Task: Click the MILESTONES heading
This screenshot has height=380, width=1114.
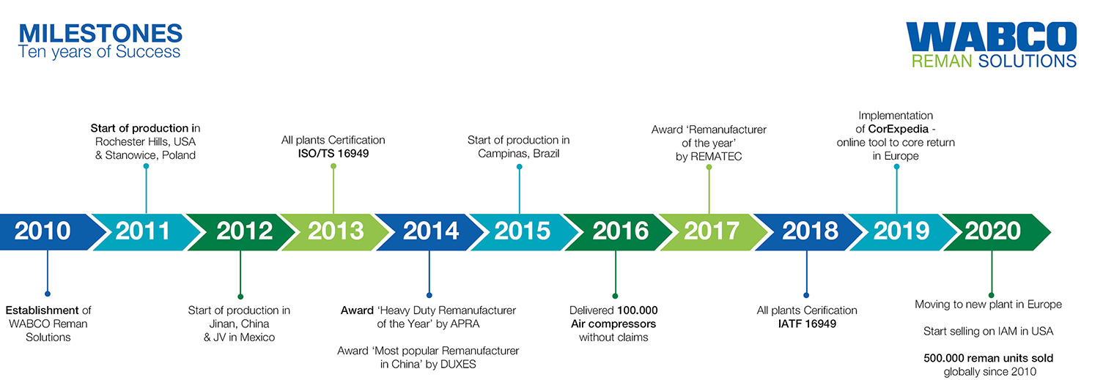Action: [100, 34]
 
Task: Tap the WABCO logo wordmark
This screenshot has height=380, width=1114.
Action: [991, 37]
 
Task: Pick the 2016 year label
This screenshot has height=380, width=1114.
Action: [621, 231]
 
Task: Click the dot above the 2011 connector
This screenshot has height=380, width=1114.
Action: [146, 166]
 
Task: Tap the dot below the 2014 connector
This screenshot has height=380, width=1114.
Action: [429, 296]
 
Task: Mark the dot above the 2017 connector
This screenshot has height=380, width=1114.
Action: [709, 167]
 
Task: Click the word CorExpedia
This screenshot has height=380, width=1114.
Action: [899, 129]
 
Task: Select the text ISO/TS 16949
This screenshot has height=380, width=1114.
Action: [333, 154]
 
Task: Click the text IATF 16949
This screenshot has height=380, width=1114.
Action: [807, 324]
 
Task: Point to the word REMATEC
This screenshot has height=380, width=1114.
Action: [716, 157]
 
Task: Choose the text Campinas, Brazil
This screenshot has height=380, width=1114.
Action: [519, 154]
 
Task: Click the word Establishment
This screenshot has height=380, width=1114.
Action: [42, 310]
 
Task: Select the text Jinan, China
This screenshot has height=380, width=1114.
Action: [239, 324]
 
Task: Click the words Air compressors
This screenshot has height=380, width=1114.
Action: [613, 324]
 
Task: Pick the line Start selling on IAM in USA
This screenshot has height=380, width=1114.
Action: [988, 332]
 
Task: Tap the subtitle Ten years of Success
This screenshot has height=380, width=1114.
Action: [99, 52]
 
